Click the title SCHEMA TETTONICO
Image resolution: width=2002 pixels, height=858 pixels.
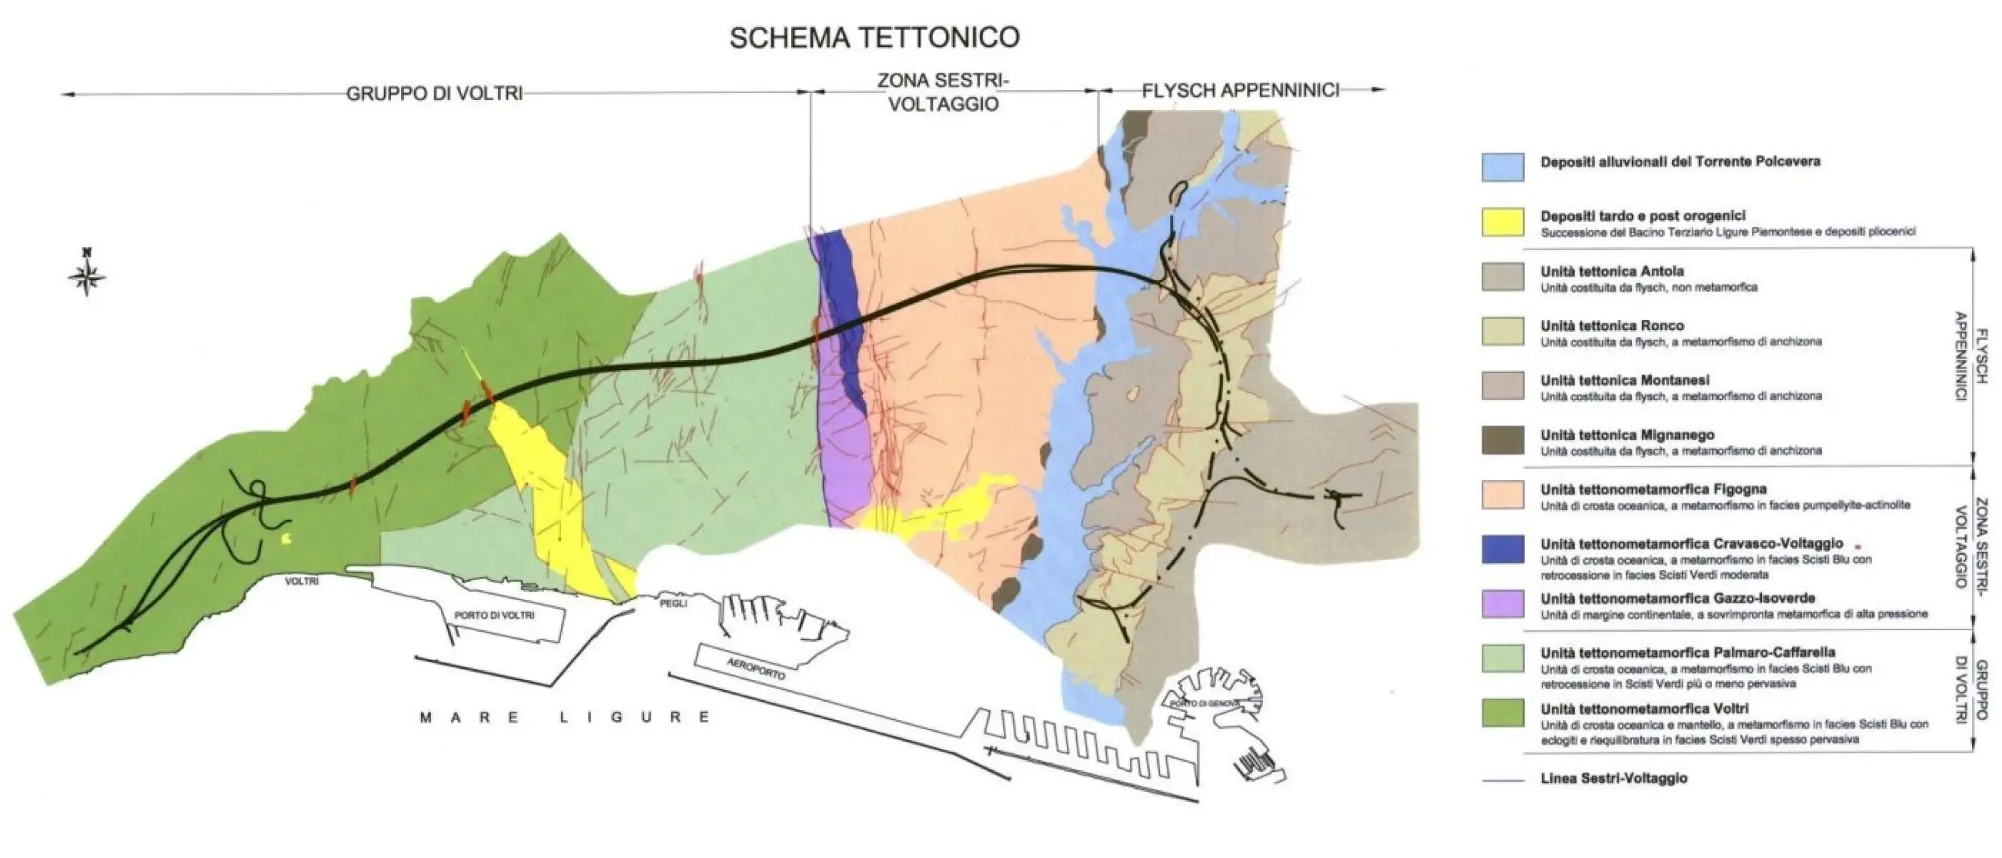[874, 37]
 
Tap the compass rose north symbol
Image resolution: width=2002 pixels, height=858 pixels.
[87, 275]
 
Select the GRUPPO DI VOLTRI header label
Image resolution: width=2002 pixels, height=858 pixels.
[433, 94]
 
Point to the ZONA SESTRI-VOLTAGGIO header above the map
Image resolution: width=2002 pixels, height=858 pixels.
[943, 92]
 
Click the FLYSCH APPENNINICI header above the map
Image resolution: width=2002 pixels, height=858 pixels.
[1240, 90]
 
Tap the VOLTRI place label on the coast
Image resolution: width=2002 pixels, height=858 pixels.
[302, 581]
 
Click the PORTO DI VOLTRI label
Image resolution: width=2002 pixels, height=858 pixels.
[494, 615]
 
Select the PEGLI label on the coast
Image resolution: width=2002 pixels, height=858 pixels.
[673, 603]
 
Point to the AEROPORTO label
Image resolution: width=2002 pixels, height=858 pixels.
[756, 669]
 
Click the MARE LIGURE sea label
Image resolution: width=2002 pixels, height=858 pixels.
[565, 716]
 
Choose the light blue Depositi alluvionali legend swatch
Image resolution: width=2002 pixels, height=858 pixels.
[1502, 166]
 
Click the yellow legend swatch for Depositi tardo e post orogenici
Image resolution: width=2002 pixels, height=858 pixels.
[1502, 222]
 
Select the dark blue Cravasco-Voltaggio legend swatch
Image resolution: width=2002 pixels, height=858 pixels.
[1502, 549]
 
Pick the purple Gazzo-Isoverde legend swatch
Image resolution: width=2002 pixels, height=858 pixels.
[1502, 604]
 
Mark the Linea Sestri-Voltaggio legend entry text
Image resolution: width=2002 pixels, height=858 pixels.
[1613, 778]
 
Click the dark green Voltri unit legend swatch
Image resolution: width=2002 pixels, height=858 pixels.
[1502, 713]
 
